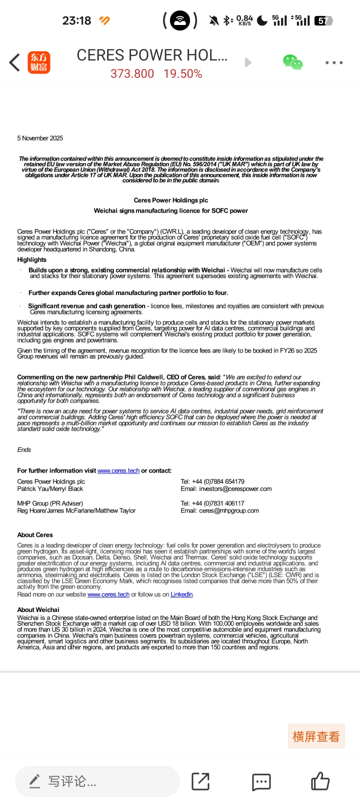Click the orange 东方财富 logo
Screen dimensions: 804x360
tap(39, 62)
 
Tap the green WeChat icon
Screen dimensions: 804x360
tap(292, 62)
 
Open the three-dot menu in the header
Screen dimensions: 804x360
tap(333, 62)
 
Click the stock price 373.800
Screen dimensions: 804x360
tap(132, 74)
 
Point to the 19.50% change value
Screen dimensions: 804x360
tap(182, 74)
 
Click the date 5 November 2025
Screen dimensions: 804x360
tap(40, 138)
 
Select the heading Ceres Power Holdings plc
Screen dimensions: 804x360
tap(171, 200)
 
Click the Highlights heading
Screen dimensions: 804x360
tap(31, 259)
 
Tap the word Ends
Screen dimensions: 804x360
tap(24, 449)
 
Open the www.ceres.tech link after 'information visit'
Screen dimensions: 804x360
tap(118, 470)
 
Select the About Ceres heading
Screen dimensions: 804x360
tap(35, 534)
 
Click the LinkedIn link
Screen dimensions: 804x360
tap(181, 594)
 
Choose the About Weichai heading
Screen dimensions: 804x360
tap(38, 609)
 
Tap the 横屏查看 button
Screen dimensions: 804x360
tap(316, 736)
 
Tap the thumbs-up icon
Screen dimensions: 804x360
tap(320, 781)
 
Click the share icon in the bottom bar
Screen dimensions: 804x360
tap(201, 781)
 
